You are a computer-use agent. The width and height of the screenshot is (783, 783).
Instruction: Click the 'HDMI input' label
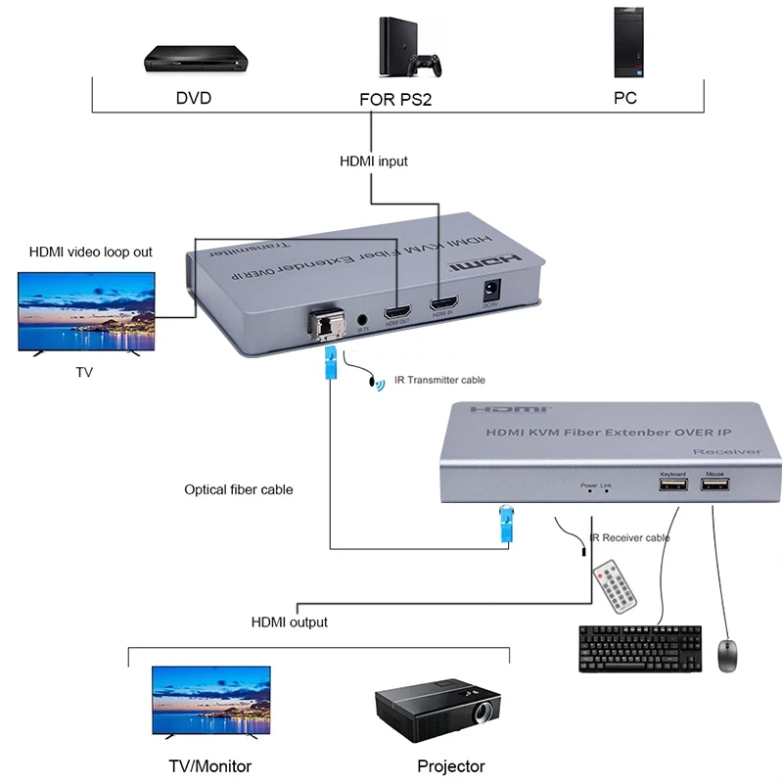pos(373,161)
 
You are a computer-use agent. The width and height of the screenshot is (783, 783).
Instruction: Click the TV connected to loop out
pos(86,311)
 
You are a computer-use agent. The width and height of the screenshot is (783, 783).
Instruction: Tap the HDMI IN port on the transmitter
pos(442,299)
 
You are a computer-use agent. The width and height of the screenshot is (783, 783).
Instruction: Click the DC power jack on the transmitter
pos(492,291)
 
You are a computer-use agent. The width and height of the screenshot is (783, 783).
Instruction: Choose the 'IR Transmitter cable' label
pos(438,380)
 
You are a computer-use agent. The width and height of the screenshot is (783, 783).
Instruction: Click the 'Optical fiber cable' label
pos(239,489)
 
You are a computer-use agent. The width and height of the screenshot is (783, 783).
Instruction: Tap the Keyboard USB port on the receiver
pos(672,486)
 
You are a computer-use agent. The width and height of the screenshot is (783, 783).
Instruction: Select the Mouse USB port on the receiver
pos(714,486)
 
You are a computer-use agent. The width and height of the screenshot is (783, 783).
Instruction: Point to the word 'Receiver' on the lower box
pos(725,451)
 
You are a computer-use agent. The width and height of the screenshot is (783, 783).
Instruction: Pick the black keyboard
pos(640,647)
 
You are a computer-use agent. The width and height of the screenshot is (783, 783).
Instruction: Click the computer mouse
pos(727,655)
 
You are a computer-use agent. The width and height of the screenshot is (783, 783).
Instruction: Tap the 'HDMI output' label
pos(290,622)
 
